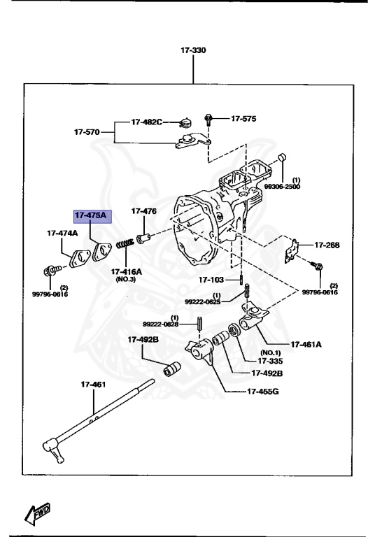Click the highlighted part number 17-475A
pos(91,215)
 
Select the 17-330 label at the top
pos(194,51)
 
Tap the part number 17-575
pos(243,119)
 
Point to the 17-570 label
pos(88,131)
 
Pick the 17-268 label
pos(327,245)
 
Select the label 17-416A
pos(126,271)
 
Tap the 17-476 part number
pos(144,210)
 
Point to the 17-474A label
pos(62,233)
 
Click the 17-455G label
pos(263,391)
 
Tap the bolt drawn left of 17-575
pos(208,119)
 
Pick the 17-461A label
pos(307,344)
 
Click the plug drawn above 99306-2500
pos(282,157)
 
